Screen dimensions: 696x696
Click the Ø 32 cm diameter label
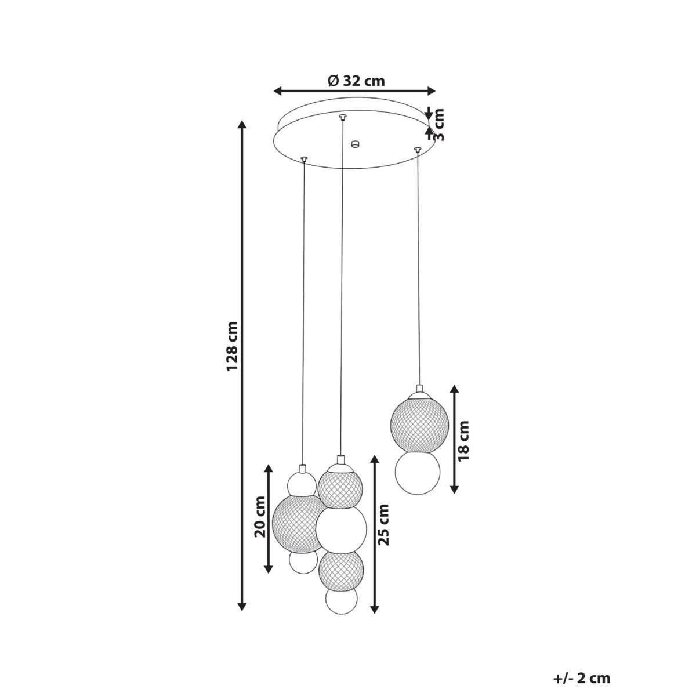tap(356, 81)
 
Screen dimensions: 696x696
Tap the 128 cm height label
tap(233, 346)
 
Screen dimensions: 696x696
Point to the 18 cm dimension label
tap(464, 440)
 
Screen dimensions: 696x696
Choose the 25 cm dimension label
tap(383, 525)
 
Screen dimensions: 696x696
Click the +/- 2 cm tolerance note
tap(582, 678)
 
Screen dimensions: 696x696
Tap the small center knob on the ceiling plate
tap(354, 143)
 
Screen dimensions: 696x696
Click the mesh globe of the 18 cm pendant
tap(416, 424)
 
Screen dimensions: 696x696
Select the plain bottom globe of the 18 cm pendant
tap(416, 473)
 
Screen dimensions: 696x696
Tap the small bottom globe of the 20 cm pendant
tap(303, 561)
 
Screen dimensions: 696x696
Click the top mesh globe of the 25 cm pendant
tap(340, 488)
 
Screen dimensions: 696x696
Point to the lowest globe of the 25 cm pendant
tap(341, 601)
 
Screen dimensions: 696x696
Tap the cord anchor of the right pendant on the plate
tap(416, 150)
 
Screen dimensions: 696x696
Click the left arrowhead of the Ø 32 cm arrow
tap(278, 90)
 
